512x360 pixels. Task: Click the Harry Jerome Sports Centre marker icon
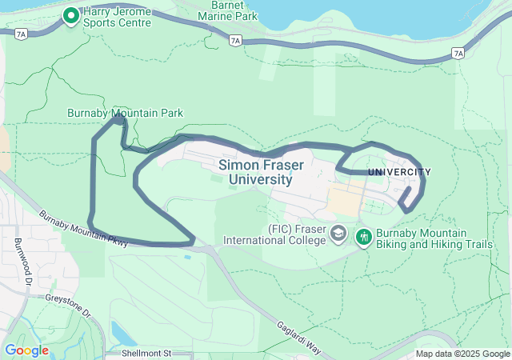point(70,14)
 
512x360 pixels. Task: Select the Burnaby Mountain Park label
point(125,114)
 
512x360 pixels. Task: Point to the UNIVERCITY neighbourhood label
point(399,172)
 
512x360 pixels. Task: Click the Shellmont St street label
point(147,353)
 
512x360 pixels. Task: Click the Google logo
point(26,350)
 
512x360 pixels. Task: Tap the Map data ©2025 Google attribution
point(462,354)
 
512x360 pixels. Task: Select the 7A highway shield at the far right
point(457,53)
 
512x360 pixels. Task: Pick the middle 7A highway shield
point(234,39)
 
